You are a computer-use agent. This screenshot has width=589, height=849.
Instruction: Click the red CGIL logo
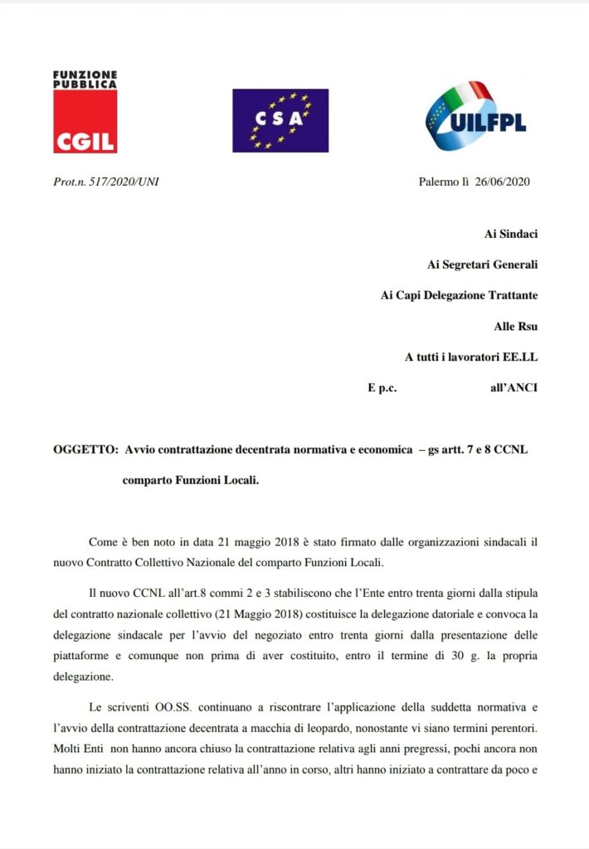coord(85,122)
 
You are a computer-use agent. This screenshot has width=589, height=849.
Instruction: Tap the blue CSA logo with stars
coord(280,120)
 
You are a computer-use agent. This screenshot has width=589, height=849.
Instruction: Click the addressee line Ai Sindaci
coord(510,234)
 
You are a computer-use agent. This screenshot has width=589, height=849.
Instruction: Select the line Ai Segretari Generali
coord(482,264)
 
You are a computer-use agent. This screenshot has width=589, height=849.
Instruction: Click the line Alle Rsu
coord(515,326)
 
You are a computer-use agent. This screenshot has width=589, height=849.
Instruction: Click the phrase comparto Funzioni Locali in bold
coord(191,480)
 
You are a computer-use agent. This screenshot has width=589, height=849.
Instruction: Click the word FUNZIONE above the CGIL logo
coord(85,75)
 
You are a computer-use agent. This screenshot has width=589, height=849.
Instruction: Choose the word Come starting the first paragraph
coord(104,541)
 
